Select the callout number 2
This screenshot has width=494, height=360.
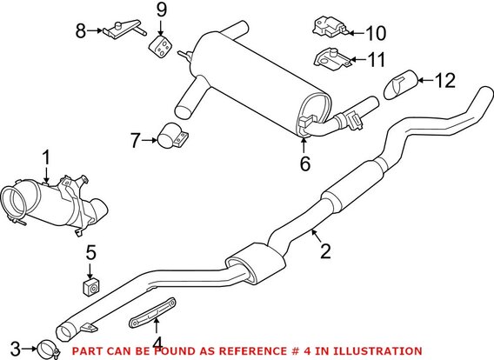tap(325, 253)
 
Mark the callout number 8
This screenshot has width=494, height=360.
tap(81, 31)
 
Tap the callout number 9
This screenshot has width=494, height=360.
tap(160, 10)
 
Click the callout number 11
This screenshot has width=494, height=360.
tap(375, 60)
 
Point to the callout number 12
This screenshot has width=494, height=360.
tap(444, 81)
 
